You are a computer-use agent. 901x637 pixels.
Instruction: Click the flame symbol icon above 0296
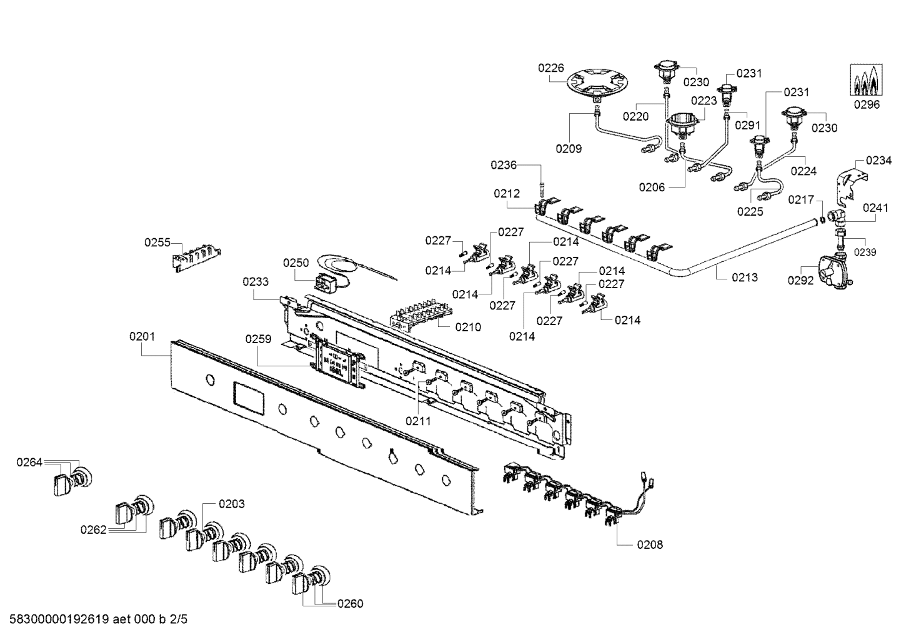866,80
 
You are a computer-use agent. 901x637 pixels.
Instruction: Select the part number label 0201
142,337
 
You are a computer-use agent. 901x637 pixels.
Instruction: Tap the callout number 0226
551,69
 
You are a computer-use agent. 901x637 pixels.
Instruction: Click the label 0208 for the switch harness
650,544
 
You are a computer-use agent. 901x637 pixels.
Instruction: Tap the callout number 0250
296,263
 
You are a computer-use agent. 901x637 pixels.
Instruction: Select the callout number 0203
231,503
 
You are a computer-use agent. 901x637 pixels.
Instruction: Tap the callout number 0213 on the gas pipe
745,277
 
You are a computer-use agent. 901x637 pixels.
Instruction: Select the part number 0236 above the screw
504,165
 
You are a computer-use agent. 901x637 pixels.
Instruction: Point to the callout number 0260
350,603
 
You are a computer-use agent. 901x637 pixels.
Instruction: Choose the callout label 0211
418,421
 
